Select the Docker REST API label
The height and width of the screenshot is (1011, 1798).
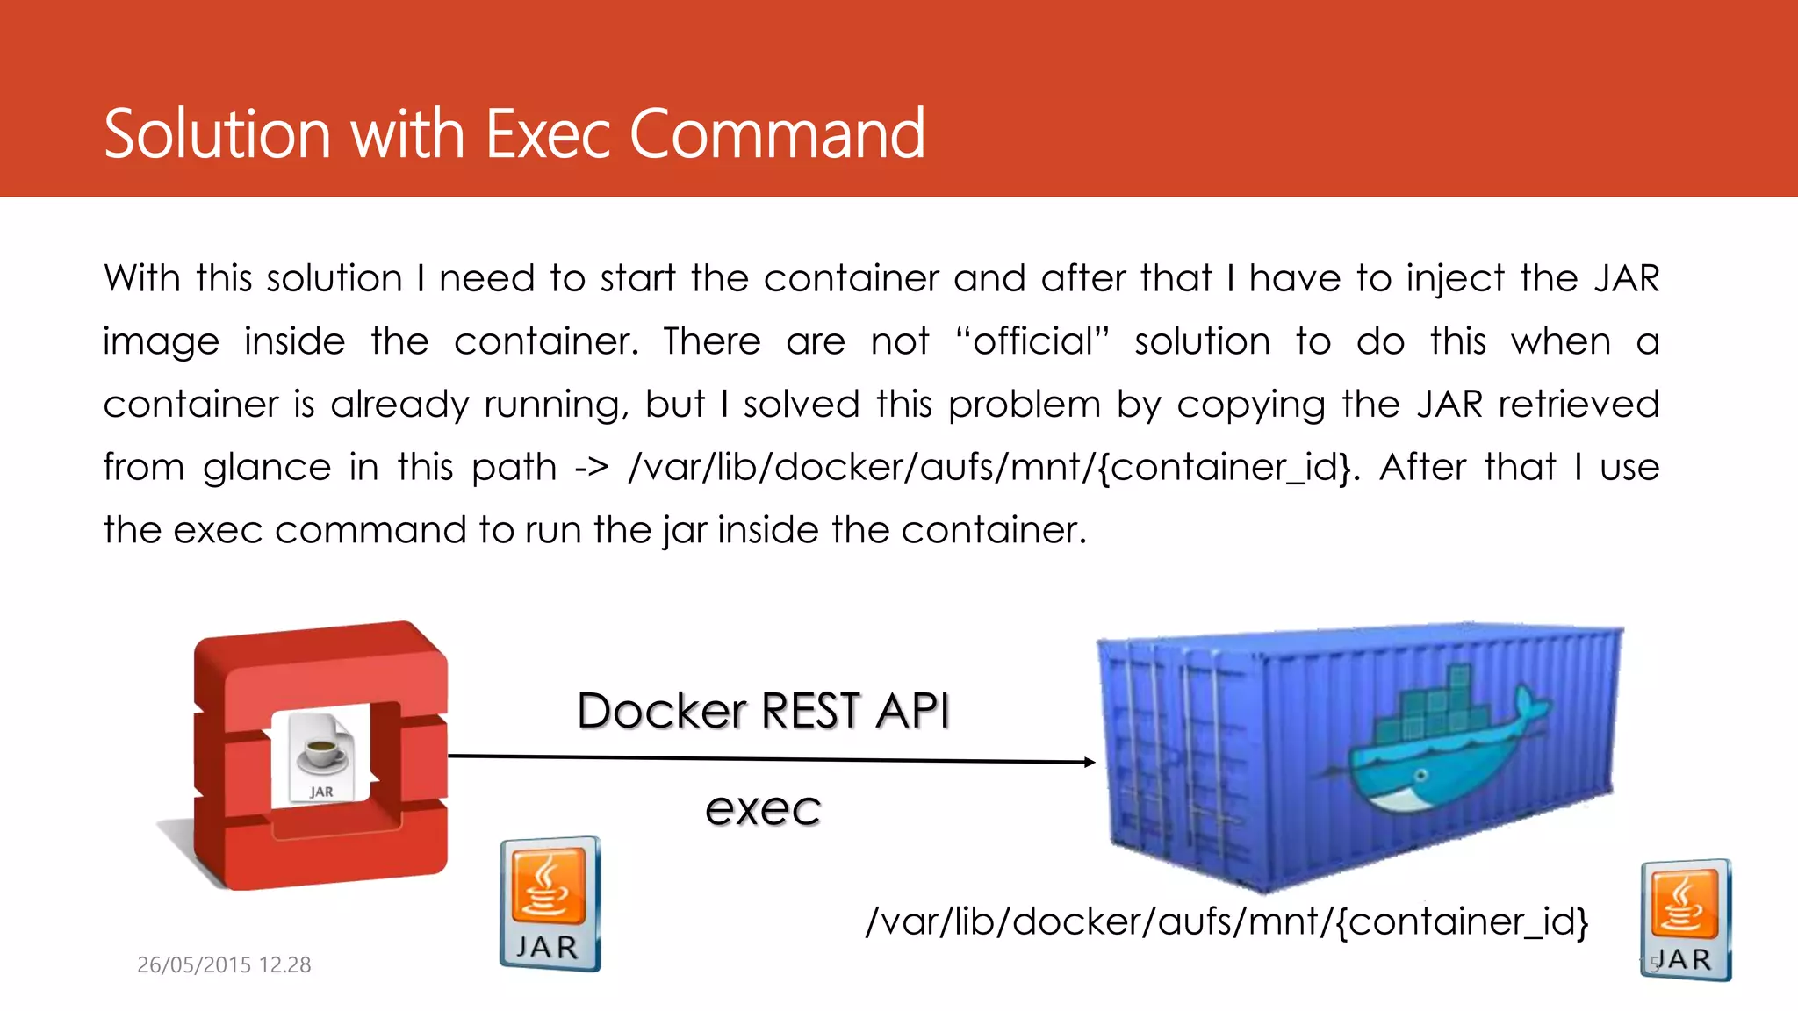point(763,710)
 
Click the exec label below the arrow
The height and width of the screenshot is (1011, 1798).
point(763,808)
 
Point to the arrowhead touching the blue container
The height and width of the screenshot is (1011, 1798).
point(1090,762)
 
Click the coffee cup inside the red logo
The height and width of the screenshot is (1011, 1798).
point(321,752)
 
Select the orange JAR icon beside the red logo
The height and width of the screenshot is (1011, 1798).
point(550,904)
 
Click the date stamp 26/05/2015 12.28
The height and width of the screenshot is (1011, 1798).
point(224,964)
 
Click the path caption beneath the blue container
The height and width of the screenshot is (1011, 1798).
point(1226,921)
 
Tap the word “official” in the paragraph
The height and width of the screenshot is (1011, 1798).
point(1032,341)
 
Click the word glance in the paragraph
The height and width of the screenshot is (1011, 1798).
point(267,468)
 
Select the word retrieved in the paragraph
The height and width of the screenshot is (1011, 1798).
point(1579,405)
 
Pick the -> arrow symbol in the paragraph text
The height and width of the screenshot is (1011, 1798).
point(591,468)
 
